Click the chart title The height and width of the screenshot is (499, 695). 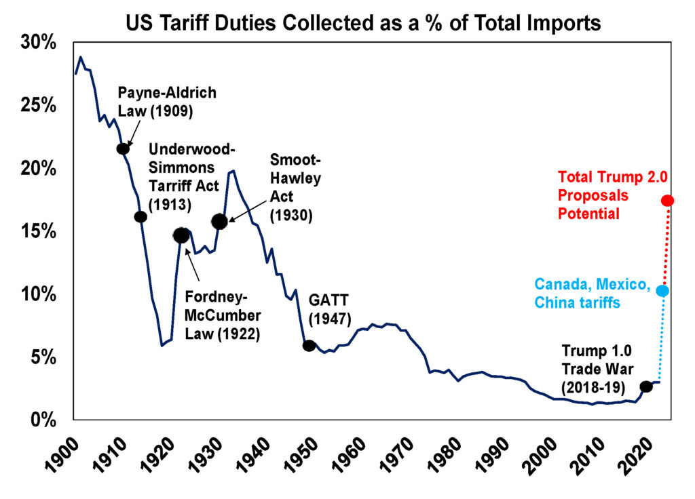coord(363,23)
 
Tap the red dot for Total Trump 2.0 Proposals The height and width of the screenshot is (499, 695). coord(667,200)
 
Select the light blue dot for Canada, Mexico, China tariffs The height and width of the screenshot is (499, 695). coord(662,290)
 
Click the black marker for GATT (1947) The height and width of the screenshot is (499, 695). coord(309,345)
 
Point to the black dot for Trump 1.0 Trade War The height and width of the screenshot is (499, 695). coord(645,386)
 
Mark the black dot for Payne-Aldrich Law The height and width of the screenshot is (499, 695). coord(122,148)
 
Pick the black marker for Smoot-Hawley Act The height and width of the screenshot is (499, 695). coord(219,221)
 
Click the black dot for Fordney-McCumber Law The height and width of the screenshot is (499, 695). coord(181,235)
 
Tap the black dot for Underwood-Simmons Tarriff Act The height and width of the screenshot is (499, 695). coord(140,216)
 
